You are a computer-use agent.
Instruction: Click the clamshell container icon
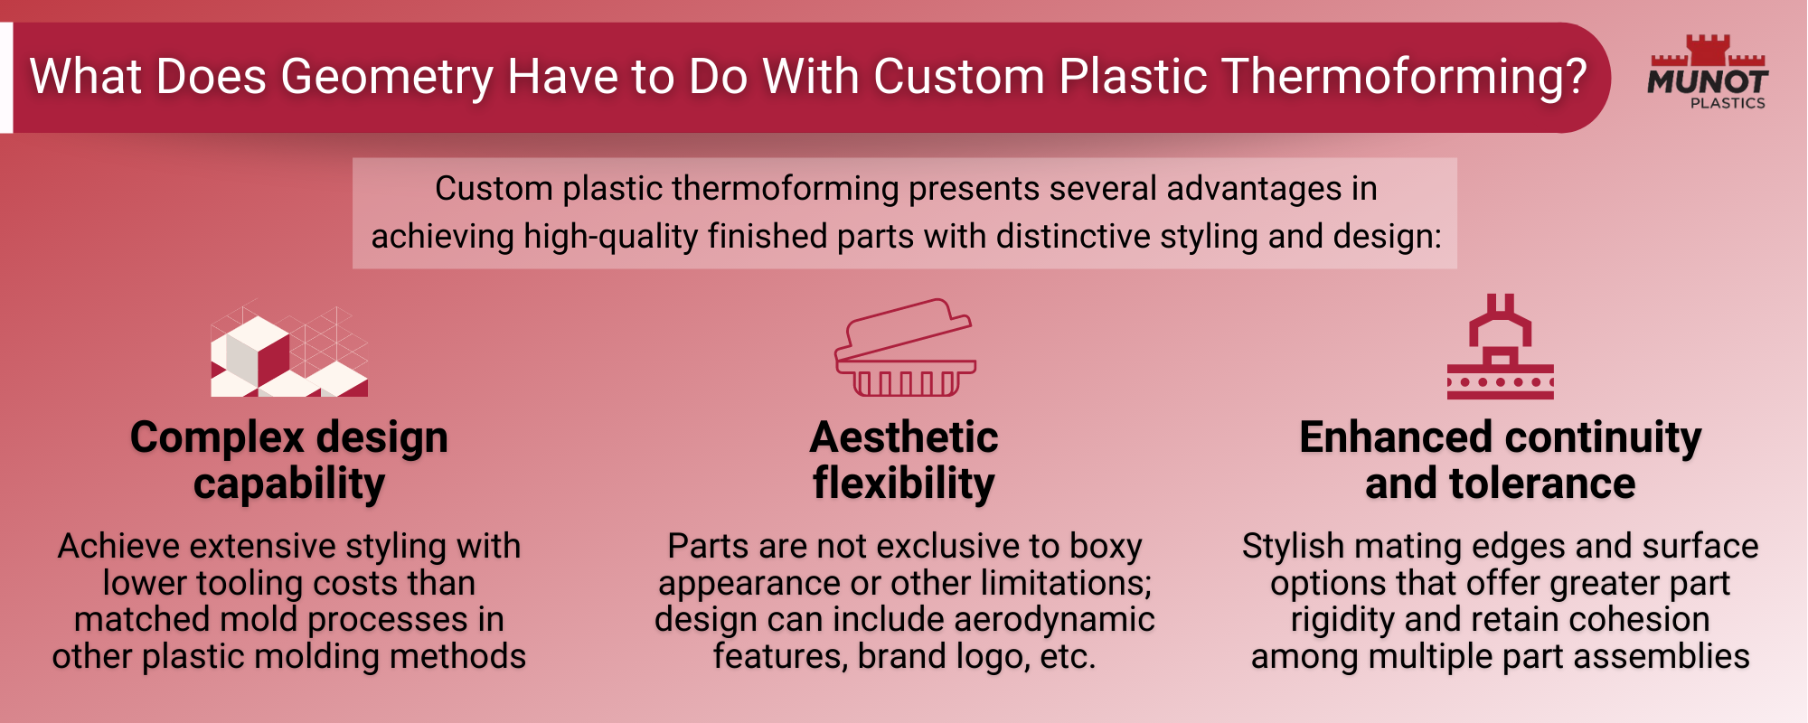pyautogui.click(x=904, y=349)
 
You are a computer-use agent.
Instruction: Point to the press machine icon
pyautogui.click(x=1500, y=347)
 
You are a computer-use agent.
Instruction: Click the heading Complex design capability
pyautogui.click(x=289, y=460)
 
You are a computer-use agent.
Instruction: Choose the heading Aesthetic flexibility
pyautogui.click(x=904, y=460)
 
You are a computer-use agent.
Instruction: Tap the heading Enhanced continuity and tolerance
pyautogui.click(x=1500, y=460)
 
